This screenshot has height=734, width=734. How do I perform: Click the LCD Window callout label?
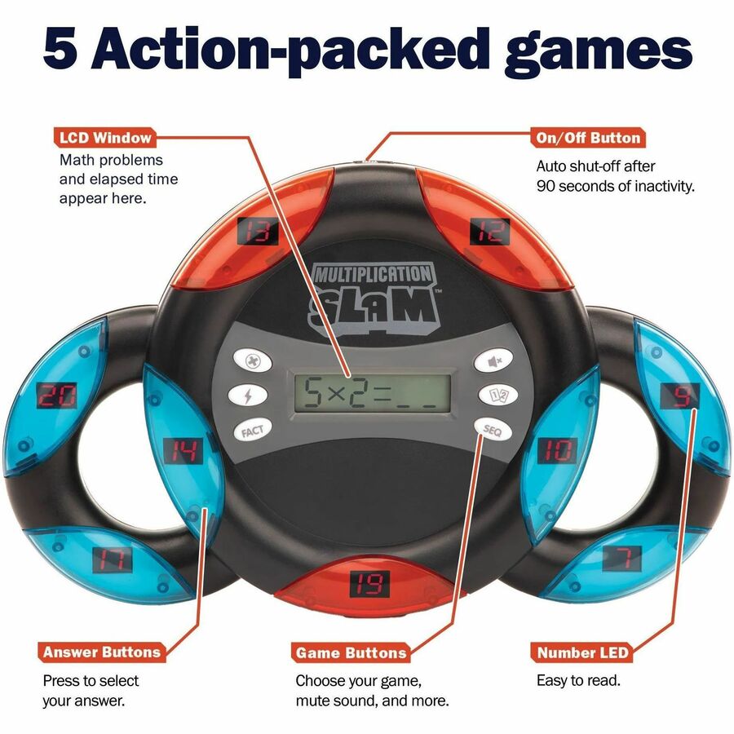pos(105,138)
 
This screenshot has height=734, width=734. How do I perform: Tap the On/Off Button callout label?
pos(588,138)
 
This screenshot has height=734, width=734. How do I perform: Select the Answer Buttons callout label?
pos(102,652)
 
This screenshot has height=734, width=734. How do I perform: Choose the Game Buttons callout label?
pos(351,652)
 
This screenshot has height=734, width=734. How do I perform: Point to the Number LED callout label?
pos(582,652)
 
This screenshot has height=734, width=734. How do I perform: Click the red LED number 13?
pos(258,232)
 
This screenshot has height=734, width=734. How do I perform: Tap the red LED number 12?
pos(489,232)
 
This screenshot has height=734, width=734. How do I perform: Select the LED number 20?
pos(57,396)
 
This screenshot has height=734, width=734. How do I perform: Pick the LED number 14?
pos(183,451)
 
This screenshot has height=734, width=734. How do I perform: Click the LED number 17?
pos(113,559)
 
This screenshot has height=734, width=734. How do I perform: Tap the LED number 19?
pos(369,584)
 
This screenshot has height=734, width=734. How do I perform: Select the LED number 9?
pos(680,396)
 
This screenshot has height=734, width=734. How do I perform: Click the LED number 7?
pos(622,558)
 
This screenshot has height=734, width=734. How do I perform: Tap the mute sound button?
pos(494,360)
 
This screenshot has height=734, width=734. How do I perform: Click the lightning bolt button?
pos(248,396)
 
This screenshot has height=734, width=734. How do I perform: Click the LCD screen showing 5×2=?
pos(373,392)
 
